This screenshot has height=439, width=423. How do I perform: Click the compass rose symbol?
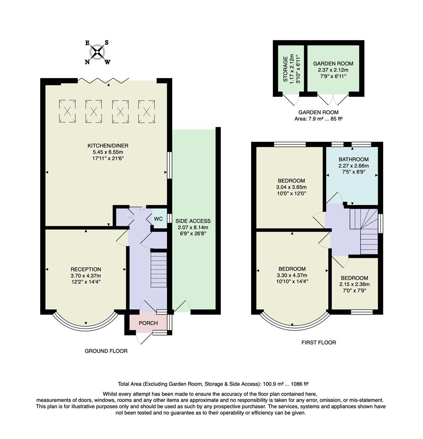click(97, 52)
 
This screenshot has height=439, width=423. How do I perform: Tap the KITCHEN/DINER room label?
click(108, 146)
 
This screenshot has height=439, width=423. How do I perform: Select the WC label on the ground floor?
click(158, 218)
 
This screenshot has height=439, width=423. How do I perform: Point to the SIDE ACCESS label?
click(193, 221)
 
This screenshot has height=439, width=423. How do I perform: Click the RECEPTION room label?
click(85, 269)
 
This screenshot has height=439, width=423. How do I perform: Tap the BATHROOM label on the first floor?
click(353, 159)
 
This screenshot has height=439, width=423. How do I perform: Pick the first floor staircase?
click(364, 230)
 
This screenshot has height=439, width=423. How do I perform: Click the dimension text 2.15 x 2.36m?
click(354, 285)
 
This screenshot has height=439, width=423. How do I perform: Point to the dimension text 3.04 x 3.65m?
click(291, 187)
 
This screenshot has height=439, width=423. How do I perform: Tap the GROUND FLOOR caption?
click(106, 351)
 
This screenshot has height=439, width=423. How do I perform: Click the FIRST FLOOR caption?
click(318, 343)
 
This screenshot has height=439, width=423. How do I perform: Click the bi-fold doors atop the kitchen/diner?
click(104, 80)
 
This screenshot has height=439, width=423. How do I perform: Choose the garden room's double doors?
click(333, 100)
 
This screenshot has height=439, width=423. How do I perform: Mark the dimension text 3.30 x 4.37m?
click(292, 275)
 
